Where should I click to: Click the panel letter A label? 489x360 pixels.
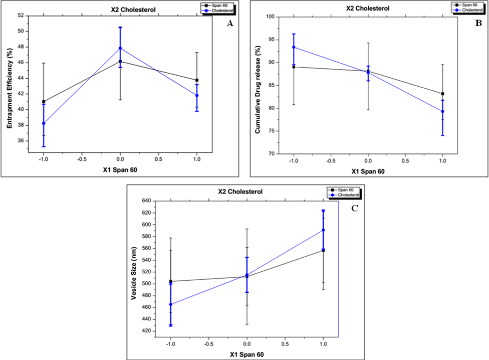tap(230, 24)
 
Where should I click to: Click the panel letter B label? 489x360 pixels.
tap(478, 24)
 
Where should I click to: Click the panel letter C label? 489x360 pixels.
tap(354, 208)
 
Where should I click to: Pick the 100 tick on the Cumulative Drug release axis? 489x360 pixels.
tap(269, 17)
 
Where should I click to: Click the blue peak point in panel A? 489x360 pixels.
tap(120, 48)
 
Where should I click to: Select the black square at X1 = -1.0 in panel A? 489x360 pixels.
tap(44, 101)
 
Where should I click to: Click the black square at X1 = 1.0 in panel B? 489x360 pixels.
tap(443, 94)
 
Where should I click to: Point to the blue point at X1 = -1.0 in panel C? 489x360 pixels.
tap(171, 304)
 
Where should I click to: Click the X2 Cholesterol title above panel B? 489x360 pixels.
tap(368, 8)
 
